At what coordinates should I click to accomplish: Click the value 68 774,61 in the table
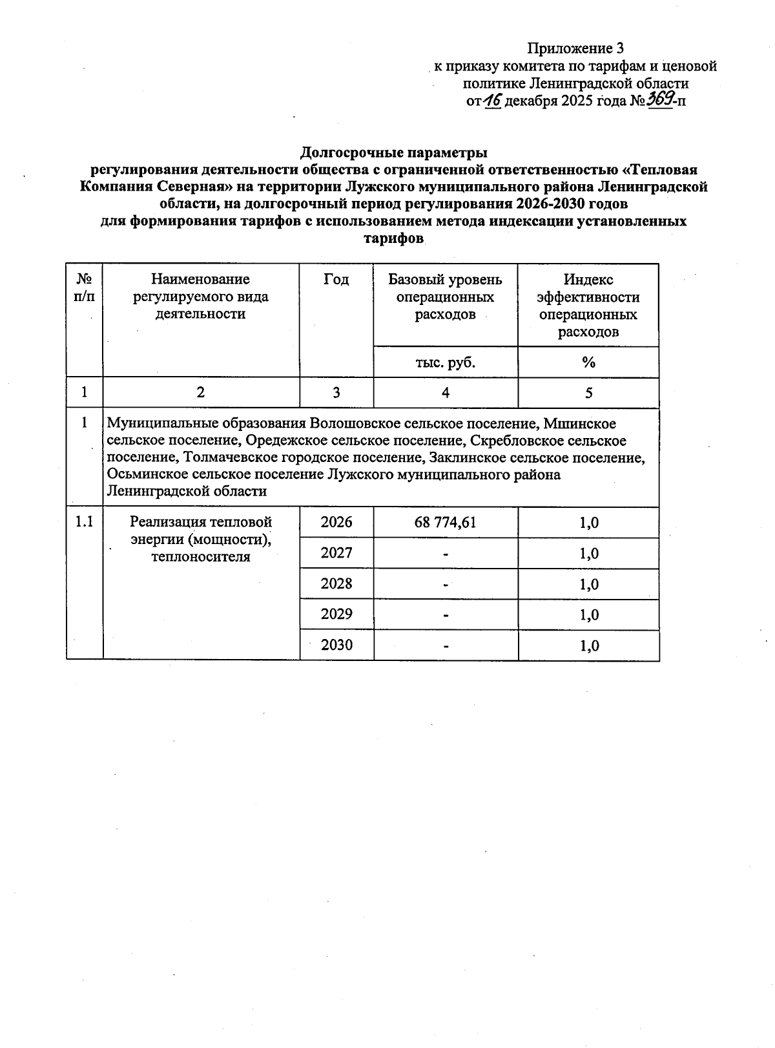(x=445, y=522)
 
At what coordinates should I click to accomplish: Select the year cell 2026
(x=336, y=522)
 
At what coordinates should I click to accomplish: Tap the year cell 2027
(x=336, y=553)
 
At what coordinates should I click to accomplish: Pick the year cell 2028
(x=336, y=583)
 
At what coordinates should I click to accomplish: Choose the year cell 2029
(x=336, y=614)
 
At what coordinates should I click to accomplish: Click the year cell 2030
(x=336, y=645)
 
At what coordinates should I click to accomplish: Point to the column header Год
(x=336, y=279)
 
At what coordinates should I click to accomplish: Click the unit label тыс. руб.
(x=445, y=362)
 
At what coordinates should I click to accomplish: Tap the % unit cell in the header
(x=588, y=362)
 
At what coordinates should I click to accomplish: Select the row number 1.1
(x=85, y=522)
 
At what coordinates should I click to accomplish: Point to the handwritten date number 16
(x=492, y=101)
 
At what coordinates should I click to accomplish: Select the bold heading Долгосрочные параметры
(x=393, y=153)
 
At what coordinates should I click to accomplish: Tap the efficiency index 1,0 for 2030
(x=588, y=645)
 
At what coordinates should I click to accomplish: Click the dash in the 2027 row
(x=445, y=554)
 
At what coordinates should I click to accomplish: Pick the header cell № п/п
(x=85, y=288)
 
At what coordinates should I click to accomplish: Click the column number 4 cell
(x=445, y=393)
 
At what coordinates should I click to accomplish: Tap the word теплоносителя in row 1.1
(x=200, y=556)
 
